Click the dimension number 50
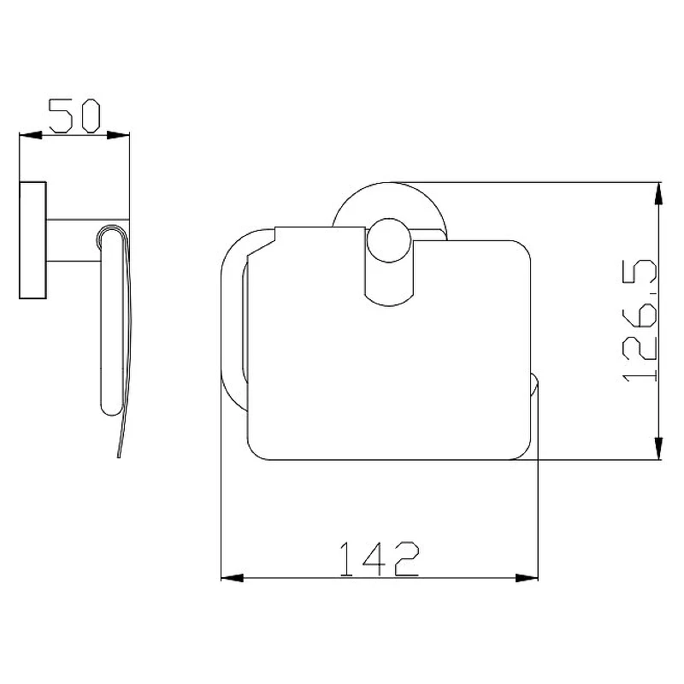74,115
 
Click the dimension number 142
379,559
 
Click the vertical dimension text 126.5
640,321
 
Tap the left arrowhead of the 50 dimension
31,135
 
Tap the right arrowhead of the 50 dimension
118,135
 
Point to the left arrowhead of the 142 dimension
233,578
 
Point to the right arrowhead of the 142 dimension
527,578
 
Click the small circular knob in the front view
389,240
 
